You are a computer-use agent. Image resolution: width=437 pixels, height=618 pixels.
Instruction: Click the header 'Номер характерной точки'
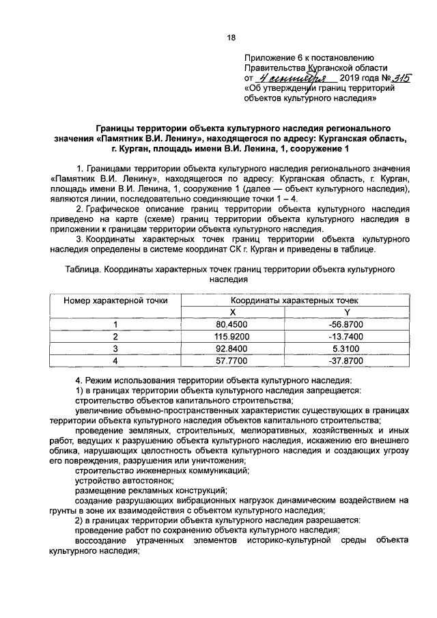click(115, 300)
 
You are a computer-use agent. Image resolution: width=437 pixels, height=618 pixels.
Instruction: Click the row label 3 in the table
click(115, 348)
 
